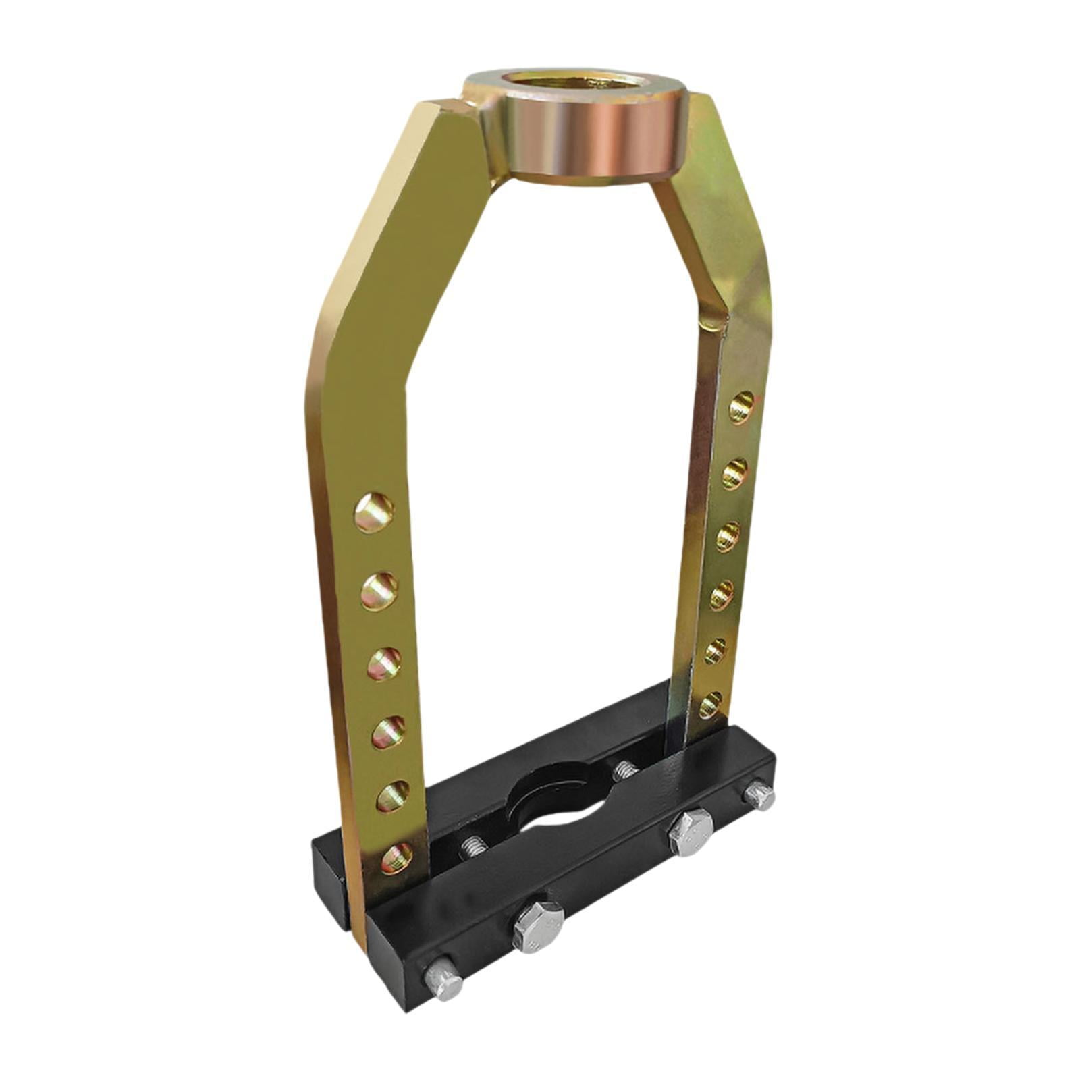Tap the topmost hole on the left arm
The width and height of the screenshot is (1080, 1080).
374,512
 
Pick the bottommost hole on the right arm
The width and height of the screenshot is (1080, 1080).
709,706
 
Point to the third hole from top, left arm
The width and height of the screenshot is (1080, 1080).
383,664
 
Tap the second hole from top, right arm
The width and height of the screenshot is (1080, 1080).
734,473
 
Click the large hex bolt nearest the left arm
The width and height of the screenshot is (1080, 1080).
538,926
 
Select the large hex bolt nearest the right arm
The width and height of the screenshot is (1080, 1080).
689,832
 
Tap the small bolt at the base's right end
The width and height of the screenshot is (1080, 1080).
760,796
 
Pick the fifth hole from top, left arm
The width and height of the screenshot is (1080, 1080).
392,797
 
